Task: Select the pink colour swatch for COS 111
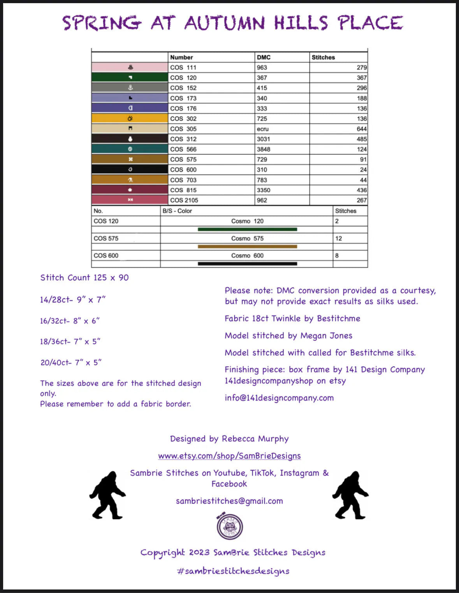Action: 130,67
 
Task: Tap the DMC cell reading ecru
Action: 263,129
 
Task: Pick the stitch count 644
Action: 361,129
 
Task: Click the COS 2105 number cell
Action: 184,200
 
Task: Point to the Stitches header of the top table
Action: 323,57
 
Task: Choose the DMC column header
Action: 264,57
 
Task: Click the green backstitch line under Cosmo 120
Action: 247,229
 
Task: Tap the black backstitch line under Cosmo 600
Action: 247,263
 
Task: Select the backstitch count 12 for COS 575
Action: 338,238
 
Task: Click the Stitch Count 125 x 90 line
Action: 84,277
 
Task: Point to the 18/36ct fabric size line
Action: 70,341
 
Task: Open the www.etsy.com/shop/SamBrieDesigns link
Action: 229,456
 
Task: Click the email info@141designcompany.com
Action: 279,398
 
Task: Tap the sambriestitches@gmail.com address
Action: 229,501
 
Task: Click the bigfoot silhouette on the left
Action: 107,495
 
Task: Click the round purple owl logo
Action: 230,526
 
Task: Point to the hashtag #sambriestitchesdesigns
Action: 233,571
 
